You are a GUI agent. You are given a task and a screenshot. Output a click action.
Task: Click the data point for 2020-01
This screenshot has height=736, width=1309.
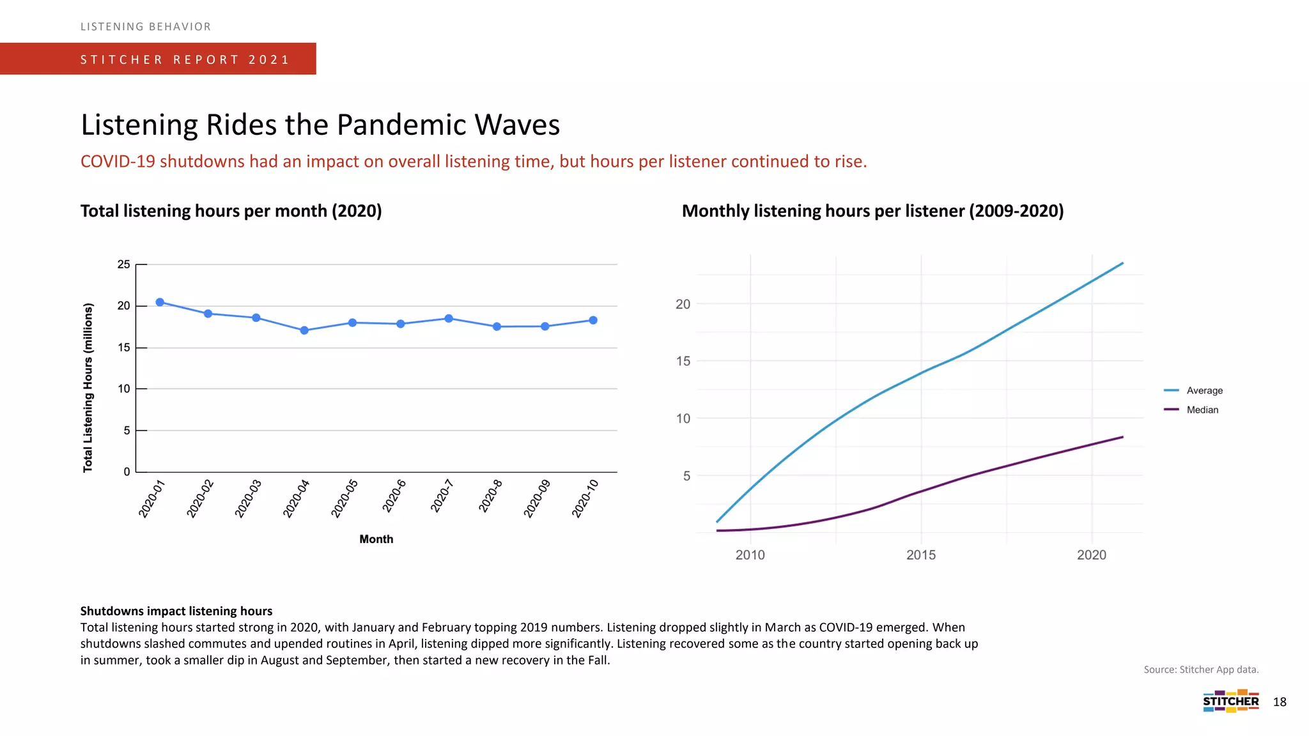click(x=160, y=302)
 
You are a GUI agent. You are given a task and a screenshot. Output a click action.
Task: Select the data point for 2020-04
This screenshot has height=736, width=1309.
click(x=304, y=330)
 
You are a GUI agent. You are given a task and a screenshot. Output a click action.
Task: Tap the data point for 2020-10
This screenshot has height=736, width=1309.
click(x=593, y=320)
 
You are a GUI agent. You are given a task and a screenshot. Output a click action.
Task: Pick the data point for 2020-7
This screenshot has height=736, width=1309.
click(x=449, y=318)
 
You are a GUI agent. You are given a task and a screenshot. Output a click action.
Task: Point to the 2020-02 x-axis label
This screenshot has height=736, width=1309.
click(x=200, y=498)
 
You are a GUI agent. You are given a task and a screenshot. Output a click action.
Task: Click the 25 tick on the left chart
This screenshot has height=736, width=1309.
click(x=123, y=264)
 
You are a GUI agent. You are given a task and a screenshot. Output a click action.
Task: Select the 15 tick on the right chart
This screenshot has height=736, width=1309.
click(x=683, y=362)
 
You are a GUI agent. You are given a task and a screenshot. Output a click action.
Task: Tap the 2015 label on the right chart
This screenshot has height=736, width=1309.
click(x=921, y=555)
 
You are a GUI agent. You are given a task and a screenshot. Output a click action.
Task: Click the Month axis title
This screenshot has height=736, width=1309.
click(x=376, y=539)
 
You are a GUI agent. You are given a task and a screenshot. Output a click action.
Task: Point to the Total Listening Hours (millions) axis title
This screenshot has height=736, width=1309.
click(x=88, y=388)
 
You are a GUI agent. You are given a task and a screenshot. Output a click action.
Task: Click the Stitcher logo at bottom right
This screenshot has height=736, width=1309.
click(x=1230, y=701)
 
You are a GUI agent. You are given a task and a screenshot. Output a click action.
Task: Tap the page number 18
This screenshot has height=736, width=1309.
click(x=1280, y=702)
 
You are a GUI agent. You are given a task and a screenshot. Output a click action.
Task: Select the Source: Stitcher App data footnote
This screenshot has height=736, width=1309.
click(x=1200, y=670)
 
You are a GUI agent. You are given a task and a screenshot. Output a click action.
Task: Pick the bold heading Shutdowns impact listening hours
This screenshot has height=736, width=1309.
click(x=176, y=611)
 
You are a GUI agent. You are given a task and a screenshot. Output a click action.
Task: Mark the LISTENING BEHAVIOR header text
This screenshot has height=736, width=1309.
click(x=146, y=27)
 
